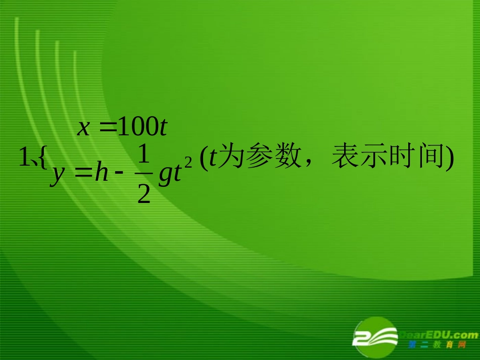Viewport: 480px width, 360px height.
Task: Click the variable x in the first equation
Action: click(x=83, y=128)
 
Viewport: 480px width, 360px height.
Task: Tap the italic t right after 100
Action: click(x=162, y=128)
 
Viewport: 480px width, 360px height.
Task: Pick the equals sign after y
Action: click(x=83, y=174)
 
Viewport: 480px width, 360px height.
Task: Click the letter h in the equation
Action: click(x=102, y=174)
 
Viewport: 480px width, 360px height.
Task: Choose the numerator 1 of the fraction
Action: click(x=144, y=156)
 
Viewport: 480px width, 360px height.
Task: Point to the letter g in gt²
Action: click(x=165, y=176)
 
